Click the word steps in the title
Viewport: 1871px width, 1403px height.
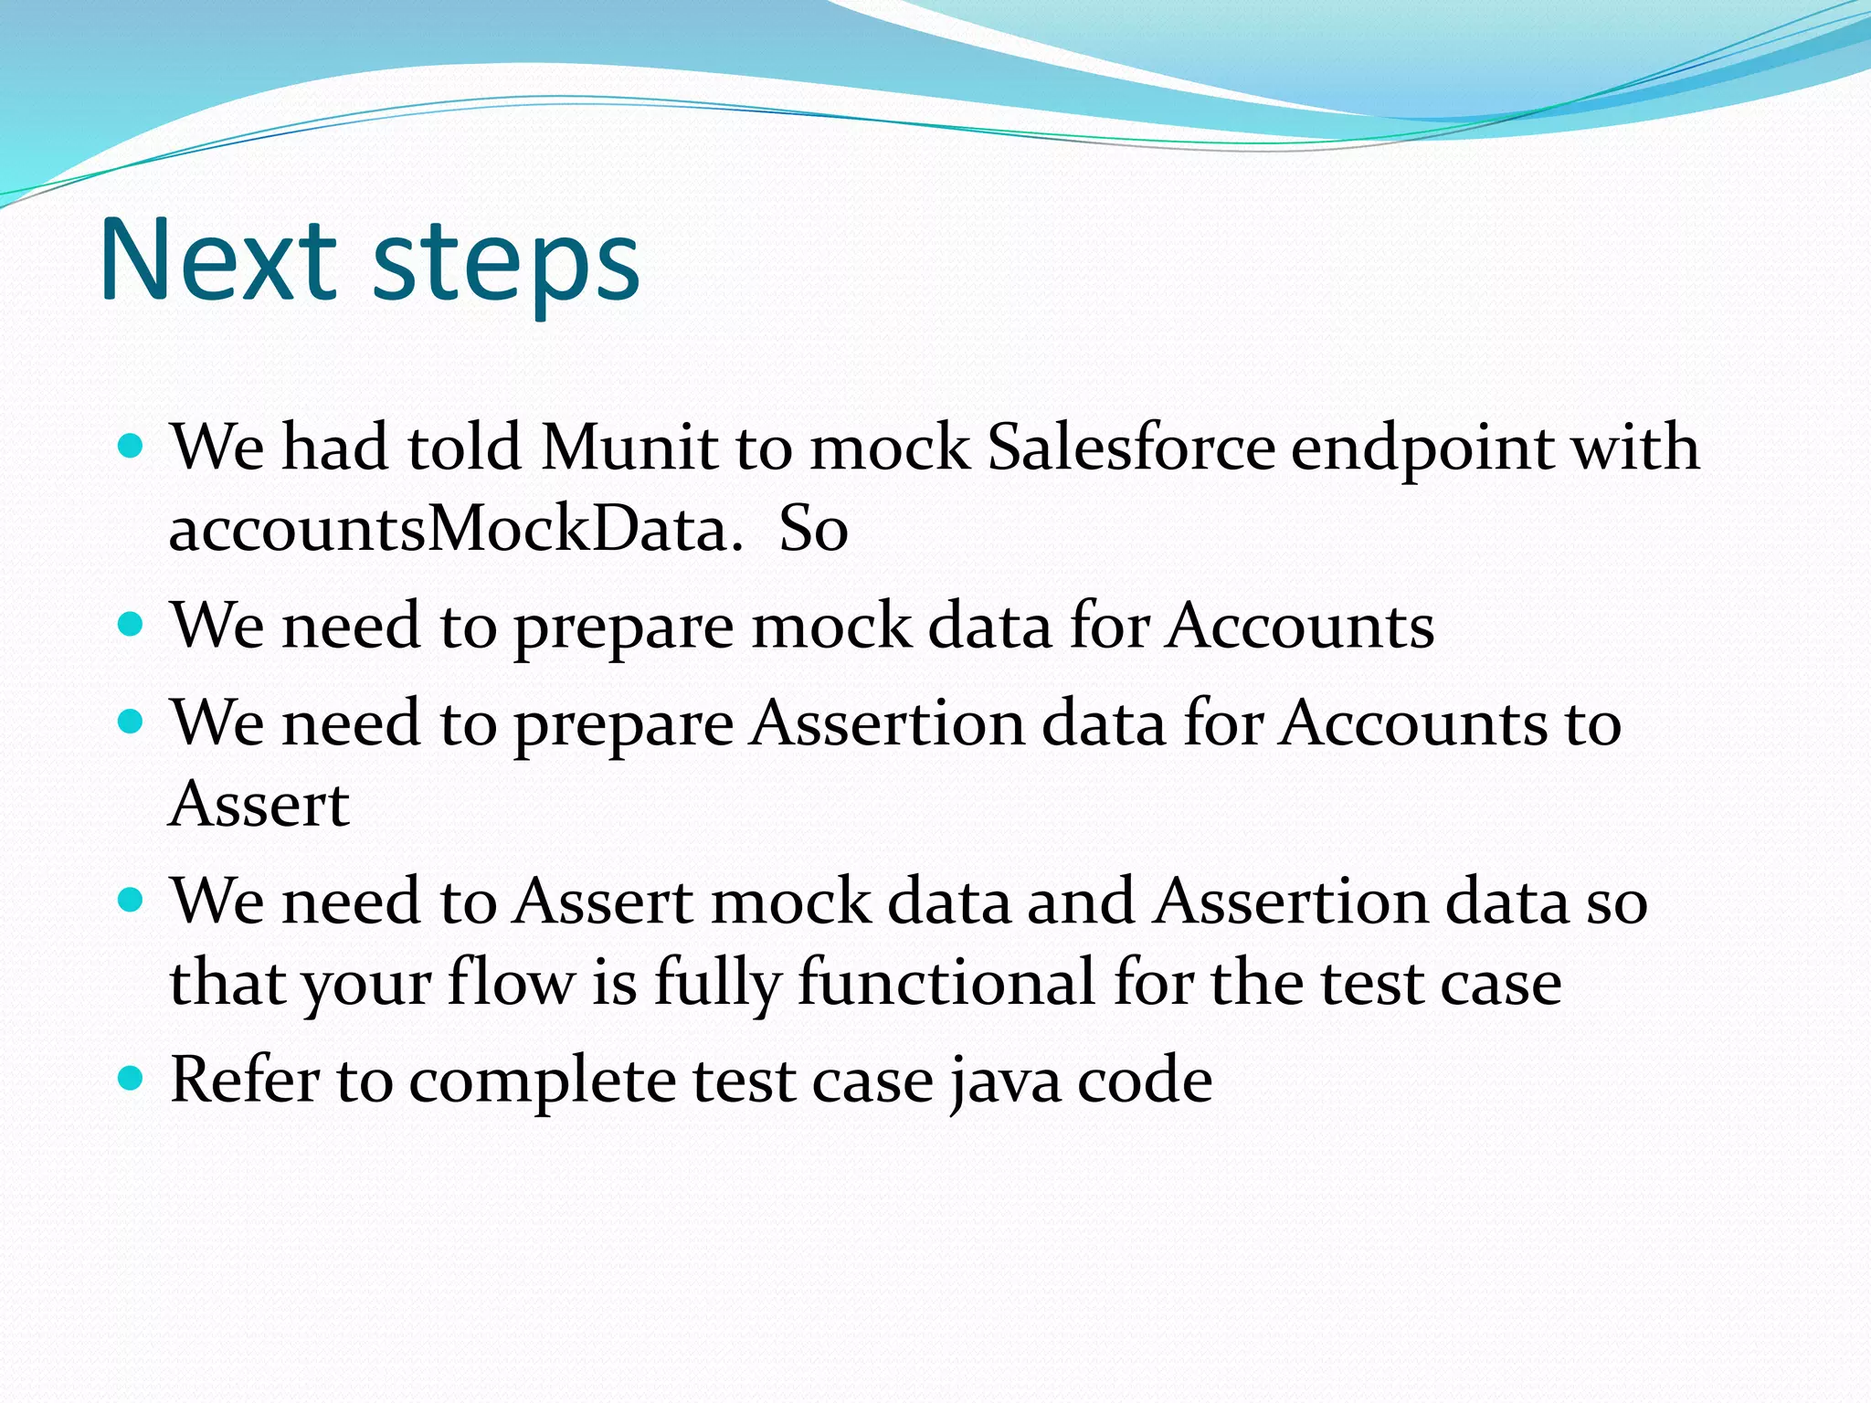tap(506, 265)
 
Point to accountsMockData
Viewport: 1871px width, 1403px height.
tap(456, 530)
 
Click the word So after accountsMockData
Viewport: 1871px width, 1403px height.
tap(813, 530)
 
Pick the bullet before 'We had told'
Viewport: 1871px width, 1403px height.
tap(132, 447)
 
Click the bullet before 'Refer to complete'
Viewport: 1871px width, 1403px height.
tap(132, 1079)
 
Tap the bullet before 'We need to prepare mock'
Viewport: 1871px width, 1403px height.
tap(132, 626)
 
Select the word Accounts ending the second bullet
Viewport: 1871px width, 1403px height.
tap(1299, 627)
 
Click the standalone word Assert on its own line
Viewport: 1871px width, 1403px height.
tap(259, 805)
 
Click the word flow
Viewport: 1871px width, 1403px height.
tap(512, 983)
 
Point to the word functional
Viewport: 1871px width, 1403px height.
tap(946, 983)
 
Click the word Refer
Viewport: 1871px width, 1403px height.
tap(245, 1080)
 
